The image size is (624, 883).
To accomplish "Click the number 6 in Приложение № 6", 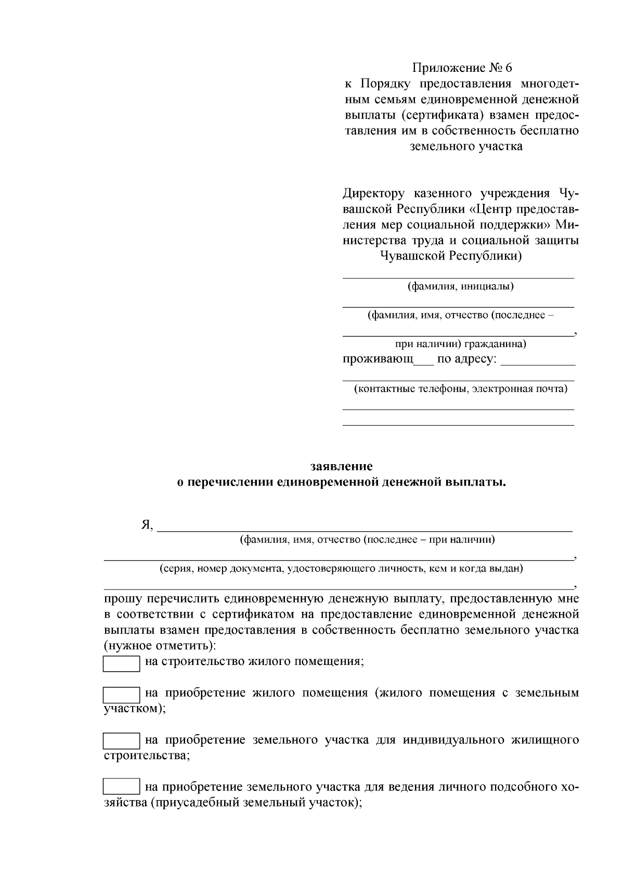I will coord(508,68).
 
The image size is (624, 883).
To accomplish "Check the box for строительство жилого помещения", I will coord(121,664).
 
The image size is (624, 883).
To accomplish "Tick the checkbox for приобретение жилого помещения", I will coord(121,695).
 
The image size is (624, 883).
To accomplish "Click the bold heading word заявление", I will coord(341,466).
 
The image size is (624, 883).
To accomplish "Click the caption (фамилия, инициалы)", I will coord(460,286).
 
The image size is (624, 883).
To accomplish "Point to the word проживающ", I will coord(378,359).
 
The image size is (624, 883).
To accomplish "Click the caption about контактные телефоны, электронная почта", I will coord(460,389).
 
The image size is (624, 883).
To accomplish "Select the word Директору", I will coord(373,194).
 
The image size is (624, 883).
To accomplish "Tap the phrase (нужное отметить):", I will coord(160,646).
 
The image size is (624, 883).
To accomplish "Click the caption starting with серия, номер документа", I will coord(341,568).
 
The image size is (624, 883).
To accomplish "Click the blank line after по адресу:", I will coord(537,363).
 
